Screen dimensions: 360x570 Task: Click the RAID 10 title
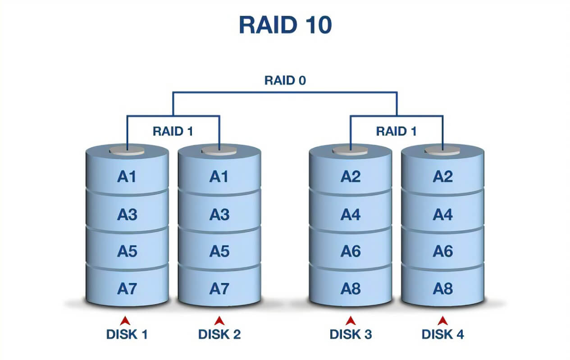click(285, 26)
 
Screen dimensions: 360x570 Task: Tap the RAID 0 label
click(285, 81)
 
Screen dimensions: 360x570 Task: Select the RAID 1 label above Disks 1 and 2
click(173, 132)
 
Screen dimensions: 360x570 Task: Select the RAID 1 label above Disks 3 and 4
click(397, 132)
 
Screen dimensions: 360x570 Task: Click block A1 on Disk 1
click(127, 177)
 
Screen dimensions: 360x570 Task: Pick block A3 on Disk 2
click(219, 215)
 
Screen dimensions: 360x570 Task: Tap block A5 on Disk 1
click(127, 251)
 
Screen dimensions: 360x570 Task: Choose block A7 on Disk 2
click(219, 288)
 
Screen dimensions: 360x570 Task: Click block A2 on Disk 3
click(351, 177)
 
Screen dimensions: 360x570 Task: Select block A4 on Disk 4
click(442, 215)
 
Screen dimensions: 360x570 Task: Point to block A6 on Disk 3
click(351, 251)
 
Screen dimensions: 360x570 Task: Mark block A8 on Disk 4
click(442, 288)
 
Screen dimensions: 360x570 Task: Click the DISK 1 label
click(127, 334)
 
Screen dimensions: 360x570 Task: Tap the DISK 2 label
click(219, 334)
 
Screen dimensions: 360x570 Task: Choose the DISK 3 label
click(351, 334)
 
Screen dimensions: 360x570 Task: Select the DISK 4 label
click(442, 334)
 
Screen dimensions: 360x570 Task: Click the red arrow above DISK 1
click(127, 320)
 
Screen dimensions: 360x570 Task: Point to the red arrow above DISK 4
click(442, 320)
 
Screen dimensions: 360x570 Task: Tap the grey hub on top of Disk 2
click(219, 150)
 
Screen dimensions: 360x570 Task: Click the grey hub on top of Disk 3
click(350, 150)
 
